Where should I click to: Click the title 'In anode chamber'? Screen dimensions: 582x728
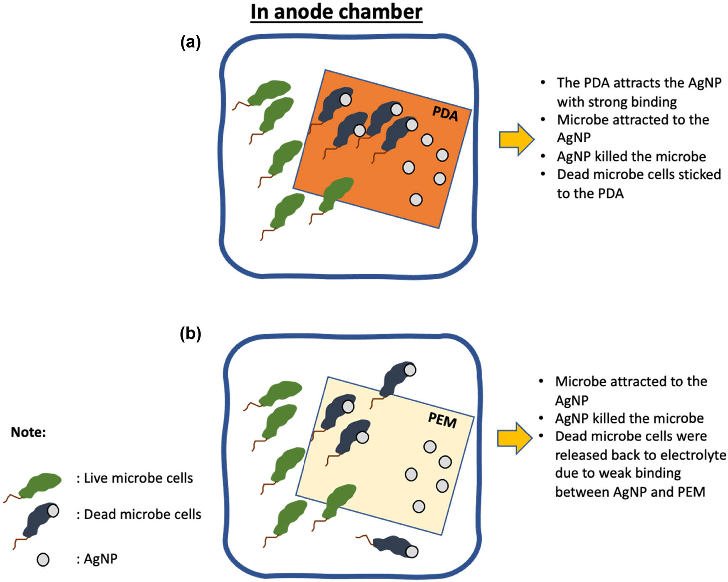pyautogui.click(x=336, y=12)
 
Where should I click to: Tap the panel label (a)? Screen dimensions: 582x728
pyautogui.click(x=191, y=42)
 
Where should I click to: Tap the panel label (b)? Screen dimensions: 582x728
pyautogui.click(x=191, y=333)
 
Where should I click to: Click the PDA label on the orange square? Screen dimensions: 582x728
pyautogui.click(x=445, y=114)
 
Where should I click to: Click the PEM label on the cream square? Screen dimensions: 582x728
pyautogui.click(x=442, y=421)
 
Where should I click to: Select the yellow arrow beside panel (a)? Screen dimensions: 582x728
pyautogui.click(x=516, y=139)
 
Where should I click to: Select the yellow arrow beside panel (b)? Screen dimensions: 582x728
pyautogui.click(x=515, y=438)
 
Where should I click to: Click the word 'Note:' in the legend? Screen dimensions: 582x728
pyautogui.click(x=28, y=432)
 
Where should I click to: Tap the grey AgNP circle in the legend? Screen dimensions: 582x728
pyautogui.click(x=43, y=560)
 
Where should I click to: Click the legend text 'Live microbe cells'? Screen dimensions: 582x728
pyautogui.click(x=138, y=478)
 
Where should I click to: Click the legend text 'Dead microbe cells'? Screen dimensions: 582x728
pyautogui.click(x=142, y=515)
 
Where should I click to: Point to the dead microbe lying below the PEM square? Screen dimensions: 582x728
pyautogui.click(x=393, y=545)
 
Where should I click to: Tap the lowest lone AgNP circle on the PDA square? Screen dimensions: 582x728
pyautogui.click(x=416, y=200)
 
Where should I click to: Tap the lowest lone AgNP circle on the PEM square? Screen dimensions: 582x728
pyautogui.click(x=418, y=506)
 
